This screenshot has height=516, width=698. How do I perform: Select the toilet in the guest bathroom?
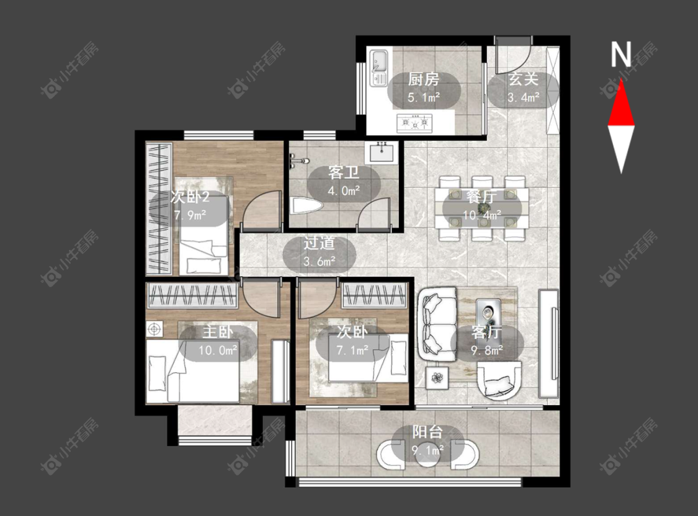pyautogui.click(x=306, y=207)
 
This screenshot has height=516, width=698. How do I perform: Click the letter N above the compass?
pyautogui.click(x=621, y=55)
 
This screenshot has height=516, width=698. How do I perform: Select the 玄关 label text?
pyautogui.click(x=524, y=79)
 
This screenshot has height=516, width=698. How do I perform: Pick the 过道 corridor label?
pyautogui.click(x=319, y=243)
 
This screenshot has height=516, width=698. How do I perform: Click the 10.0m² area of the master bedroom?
pyautogui.click(x=218, y=350)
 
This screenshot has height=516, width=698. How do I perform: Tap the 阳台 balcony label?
pyautogui.click(x=427, y=432)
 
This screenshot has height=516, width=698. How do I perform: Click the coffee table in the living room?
pyautogui.click(x=488, y=313)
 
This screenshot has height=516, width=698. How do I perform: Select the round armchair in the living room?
pyautogui.click(x=499, y=380)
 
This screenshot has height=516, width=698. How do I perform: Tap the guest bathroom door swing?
pyautogui.click(x=374, y=213)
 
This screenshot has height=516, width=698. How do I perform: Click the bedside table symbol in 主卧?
pyautogui.click(x=154, y=329)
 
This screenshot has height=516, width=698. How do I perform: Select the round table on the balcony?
pyautogui.click(x=427, y=455)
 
